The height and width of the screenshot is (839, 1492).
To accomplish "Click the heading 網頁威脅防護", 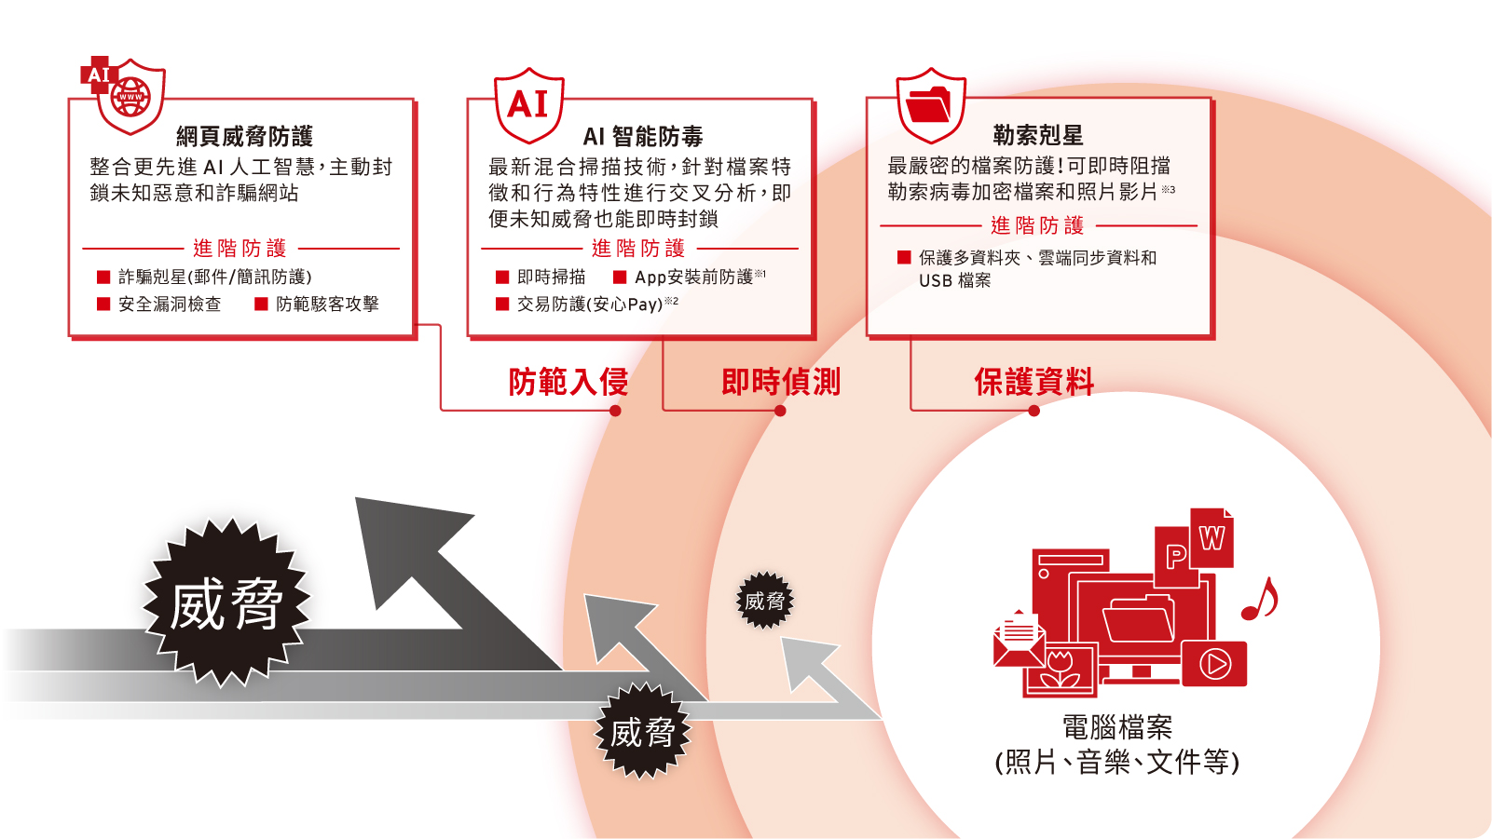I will [244, 137].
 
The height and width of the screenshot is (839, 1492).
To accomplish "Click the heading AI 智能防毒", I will [643, 137].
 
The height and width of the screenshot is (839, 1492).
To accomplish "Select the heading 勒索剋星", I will [1037, 136].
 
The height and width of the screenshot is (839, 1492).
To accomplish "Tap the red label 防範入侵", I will [568, 382].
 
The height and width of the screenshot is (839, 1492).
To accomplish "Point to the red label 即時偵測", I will [781, 382].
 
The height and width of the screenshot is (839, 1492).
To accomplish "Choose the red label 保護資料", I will [1033, 382].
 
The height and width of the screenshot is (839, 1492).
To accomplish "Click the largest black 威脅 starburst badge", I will [226, 603].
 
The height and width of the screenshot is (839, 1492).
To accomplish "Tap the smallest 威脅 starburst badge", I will [764, 601].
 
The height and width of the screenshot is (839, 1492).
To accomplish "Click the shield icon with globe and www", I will [130, 95].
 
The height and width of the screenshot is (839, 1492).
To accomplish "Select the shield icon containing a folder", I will [930, 103].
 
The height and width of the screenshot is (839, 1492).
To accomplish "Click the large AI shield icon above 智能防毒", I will [528, 104].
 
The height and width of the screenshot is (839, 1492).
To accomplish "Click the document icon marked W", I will [1211, 538].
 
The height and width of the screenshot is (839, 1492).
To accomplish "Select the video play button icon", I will [1214, 663].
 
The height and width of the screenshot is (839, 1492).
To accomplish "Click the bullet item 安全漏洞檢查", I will [169, 304].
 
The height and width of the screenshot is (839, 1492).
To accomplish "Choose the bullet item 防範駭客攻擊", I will [326, 304].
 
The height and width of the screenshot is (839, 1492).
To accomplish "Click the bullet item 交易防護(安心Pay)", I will [589, 304].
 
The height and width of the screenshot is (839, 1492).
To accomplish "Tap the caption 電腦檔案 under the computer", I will [1116, 727].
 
